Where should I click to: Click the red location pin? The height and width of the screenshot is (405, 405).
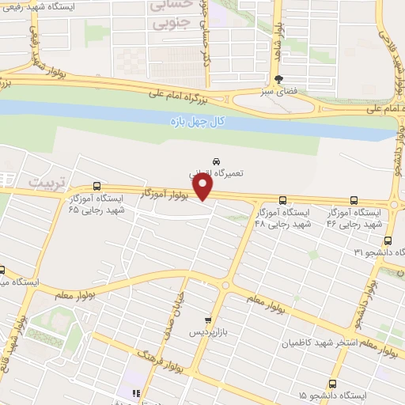(204, 187)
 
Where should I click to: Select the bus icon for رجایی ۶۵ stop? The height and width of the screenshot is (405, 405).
(97, 187)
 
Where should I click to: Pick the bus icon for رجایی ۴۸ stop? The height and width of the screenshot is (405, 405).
(282, 200)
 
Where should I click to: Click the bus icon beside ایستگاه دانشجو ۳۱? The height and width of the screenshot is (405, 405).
(387, 240)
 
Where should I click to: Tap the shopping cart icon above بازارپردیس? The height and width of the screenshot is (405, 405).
(207, 321)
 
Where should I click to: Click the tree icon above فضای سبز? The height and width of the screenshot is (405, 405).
(278, 79)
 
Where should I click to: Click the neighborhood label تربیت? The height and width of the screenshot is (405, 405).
(44, 182)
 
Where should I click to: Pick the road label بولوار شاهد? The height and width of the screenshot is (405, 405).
(280, 36)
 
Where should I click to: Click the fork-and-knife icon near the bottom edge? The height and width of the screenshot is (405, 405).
(134, 392)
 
